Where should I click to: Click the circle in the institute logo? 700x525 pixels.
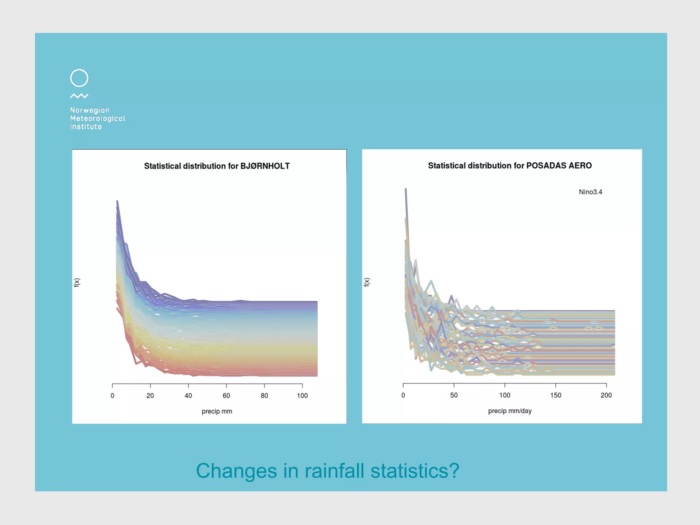79,78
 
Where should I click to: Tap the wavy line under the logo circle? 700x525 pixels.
79,96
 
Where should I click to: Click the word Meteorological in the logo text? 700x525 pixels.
97,119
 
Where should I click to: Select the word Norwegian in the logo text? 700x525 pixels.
90,110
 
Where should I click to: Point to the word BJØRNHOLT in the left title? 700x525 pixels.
265,166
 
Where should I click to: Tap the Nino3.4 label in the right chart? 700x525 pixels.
590,192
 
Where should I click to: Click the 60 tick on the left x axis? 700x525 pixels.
226,396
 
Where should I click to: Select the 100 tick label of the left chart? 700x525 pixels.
302,396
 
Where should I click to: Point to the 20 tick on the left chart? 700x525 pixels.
150,396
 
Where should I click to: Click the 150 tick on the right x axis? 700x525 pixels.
555,395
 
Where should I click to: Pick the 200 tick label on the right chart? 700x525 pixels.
606,395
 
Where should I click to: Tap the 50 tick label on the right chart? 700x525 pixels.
454,395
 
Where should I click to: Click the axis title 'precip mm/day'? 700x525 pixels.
510,411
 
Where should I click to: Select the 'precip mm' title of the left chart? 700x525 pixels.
217,411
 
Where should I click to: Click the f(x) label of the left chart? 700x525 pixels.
77,282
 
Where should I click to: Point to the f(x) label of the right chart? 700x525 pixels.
367,282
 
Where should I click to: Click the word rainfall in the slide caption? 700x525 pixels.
334,471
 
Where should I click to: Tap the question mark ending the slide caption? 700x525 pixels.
454,471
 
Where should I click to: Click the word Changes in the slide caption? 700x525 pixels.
236,471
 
